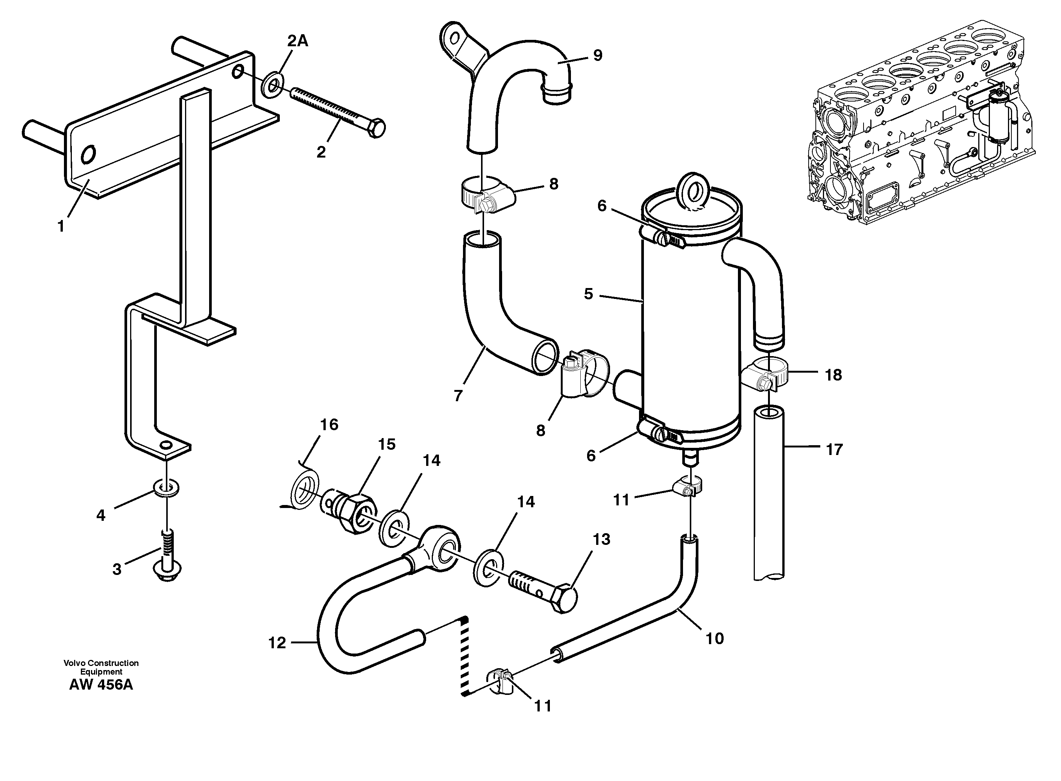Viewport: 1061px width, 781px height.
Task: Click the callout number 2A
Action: point(298,42)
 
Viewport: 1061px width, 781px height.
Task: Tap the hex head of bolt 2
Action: point(376,129)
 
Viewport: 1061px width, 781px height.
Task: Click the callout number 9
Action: point(598,55)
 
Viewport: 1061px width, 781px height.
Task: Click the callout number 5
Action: point(588,294)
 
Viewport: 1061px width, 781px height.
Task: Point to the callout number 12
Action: point(277,643)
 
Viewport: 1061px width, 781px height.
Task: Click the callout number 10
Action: point(715,639)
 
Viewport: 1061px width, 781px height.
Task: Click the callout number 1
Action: point(61,227)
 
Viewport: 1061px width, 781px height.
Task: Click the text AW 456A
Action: point(101,685)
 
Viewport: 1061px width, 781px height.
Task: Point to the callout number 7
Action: point(458,396)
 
